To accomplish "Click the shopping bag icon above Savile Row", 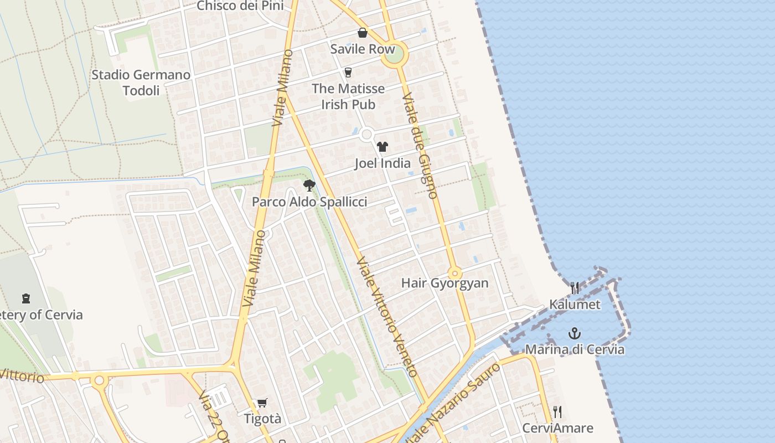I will (x=362, y=33).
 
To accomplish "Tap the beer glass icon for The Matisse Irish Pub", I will (x=348, y=72).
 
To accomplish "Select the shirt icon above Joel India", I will (x=383, y=147).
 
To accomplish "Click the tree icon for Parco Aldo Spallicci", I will (x=309, y=186).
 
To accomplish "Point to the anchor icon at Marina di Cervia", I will (x=575, y=333).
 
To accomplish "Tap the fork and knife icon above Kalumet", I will (x=575, y=288).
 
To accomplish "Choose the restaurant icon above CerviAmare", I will (x=557, y=412).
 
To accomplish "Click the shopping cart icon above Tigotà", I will (x=262, y=403).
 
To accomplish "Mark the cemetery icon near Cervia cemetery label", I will (x=25, y=298).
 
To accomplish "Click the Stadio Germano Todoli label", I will (x=141, y=83).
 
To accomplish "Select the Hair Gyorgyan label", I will (x=445, y=283).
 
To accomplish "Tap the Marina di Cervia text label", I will (x=575, y=349).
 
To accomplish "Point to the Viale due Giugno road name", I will (x=420, y=146).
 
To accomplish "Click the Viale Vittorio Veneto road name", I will (x=386, y=317).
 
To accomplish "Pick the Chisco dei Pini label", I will (x=240, y=6).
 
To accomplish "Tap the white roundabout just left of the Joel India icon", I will (x=366, y=135).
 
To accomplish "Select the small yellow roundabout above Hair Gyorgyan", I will (x=455, y=273).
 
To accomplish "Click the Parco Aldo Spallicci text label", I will (x=309, y=202).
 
